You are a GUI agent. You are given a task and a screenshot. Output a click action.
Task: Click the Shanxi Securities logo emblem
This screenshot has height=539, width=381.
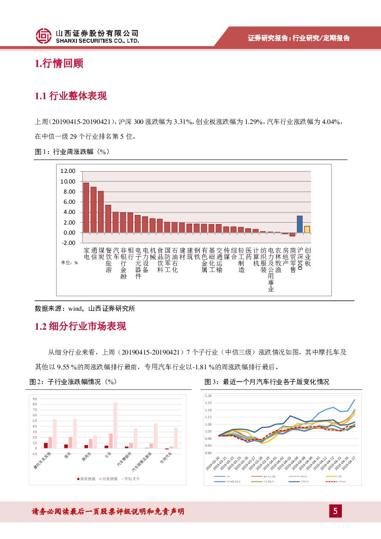[44, 36]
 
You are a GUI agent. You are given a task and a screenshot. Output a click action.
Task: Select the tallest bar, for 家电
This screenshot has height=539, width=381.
[86, 207]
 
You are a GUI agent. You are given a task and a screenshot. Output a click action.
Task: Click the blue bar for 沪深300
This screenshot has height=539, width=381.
[299, 224]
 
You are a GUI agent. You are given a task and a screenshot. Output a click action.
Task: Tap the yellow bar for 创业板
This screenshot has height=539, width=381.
[307, 229]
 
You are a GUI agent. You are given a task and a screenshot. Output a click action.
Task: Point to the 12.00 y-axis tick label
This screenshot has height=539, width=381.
[67, 171]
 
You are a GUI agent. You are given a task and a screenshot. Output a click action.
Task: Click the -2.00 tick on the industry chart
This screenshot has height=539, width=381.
[67, 243]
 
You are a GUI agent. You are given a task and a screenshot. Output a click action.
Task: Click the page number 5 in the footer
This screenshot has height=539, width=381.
[335, 511]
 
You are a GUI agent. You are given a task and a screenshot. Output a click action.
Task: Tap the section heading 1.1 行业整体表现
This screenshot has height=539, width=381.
[70, 96]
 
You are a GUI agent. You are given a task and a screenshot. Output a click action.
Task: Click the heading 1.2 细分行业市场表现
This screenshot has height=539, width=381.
[80, 326]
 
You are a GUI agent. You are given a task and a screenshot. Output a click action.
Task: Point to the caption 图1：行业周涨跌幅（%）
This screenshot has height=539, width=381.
[72, 151]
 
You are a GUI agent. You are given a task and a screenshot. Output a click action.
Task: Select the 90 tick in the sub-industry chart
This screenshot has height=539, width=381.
[35, 399]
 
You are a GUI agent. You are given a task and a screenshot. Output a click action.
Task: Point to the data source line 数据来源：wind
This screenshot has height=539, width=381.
[85, 308]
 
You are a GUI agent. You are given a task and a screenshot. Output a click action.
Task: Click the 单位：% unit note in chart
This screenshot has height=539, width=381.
[70, 262]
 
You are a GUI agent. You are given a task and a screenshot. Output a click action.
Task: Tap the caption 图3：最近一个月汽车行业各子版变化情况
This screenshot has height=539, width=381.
[267, 382]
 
